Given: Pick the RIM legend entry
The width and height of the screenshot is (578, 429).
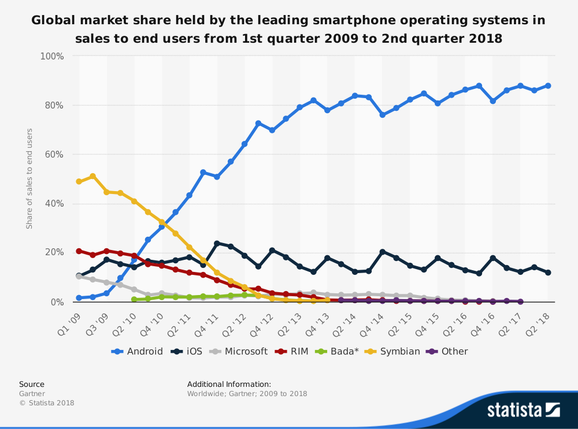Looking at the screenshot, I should click(x=293, y=351).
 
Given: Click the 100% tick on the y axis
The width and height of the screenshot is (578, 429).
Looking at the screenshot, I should click(x=51, y=56).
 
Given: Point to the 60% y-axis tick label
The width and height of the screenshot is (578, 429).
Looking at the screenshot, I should click(x=54, y=155).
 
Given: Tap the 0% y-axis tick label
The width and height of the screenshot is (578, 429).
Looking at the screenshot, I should click(x=56, y=302).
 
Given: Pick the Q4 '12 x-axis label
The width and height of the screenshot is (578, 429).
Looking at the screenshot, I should click(x=263, y=318).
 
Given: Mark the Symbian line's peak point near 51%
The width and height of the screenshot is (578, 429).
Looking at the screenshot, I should click(x=92, y=176).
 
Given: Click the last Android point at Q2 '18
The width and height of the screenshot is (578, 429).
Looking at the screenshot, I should click(x=548, y=85).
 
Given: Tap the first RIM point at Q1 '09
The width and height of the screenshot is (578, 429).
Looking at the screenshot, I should click(x=79, y=251).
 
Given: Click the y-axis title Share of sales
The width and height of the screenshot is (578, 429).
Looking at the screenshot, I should click(x=29, y=178).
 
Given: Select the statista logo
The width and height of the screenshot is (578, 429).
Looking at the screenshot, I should click(x=523, y=410).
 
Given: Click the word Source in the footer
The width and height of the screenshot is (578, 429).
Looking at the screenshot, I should click(x=32, y=384).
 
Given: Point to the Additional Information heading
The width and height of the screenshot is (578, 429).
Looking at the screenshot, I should click(x=229, y=384).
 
